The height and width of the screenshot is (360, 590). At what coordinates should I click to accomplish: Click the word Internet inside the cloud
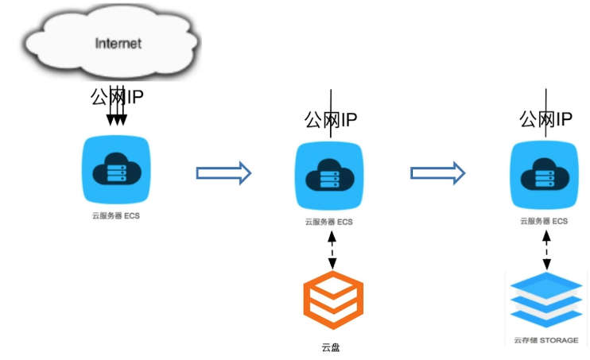118,43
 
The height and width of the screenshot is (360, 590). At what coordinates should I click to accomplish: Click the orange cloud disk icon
333,300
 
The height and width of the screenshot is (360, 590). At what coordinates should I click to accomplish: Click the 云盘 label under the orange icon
331,347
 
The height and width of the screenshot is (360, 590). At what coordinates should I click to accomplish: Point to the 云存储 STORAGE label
545,340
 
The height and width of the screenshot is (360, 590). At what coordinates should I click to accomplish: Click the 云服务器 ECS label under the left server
116,215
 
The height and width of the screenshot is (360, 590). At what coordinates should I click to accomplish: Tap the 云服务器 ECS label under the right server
545,221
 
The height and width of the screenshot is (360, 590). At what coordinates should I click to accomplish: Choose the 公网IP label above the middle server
331,120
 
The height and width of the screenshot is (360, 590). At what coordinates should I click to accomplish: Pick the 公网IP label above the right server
546,119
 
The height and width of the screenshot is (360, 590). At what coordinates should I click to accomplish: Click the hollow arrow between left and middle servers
223,172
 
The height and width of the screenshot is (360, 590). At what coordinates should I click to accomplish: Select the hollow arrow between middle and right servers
437,172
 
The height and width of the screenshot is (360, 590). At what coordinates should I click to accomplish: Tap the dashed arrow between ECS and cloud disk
331,249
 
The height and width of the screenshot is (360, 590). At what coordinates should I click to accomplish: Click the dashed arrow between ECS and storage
546,250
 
